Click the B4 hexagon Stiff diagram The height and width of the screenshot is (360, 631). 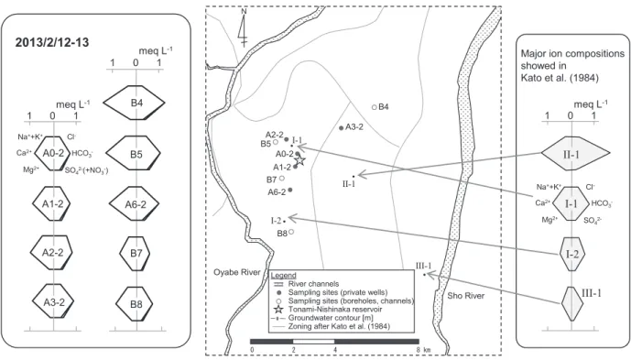point(135,103)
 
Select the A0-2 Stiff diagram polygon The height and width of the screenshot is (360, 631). point(53,153)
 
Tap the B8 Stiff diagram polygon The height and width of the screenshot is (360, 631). point(135,304)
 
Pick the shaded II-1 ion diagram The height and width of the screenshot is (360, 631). point(575,153)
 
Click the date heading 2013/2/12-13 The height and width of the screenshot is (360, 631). point(52,43)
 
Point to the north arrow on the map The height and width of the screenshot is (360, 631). point(243,27)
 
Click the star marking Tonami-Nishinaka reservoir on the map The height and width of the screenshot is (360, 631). point(299,160)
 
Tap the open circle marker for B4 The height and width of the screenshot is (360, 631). point(375,107)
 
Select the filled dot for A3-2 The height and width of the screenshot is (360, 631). point(342,128)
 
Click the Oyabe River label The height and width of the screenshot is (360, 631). point(236,272)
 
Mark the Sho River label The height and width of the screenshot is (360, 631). point(465,296)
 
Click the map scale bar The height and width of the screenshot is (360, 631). point(334,342)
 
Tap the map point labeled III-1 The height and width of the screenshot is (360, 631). point(424,275)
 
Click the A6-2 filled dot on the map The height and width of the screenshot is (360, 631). point(290,190)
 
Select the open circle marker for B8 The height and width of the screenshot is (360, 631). point(291,232)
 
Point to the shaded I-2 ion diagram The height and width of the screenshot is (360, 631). point(571,254)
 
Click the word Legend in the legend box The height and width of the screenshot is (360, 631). point(284,276)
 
